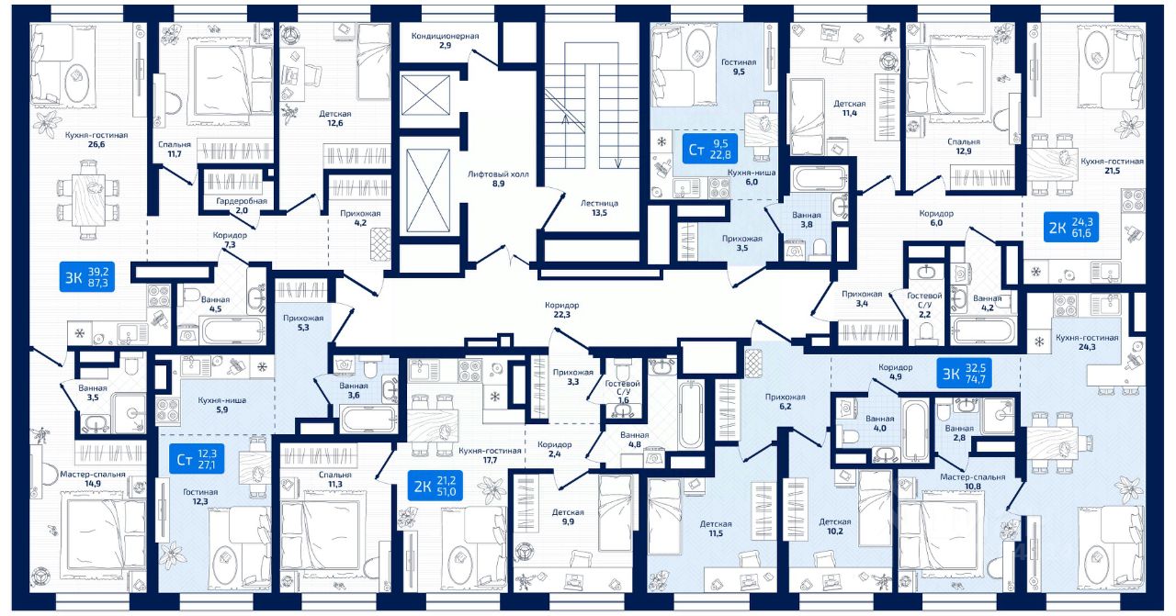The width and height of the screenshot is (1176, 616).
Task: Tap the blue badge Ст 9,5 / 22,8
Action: point(710,147)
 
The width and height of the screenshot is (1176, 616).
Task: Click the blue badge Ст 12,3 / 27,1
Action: point(199,457)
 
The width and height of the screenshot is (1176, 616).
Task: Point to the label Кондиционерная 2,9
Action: point(446,40)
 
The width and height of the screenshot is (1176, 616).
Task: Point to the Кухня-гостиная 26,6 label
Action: point(96,140)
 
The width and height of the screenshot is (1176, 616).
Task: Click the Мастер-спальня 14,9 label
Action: point(92,477)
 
